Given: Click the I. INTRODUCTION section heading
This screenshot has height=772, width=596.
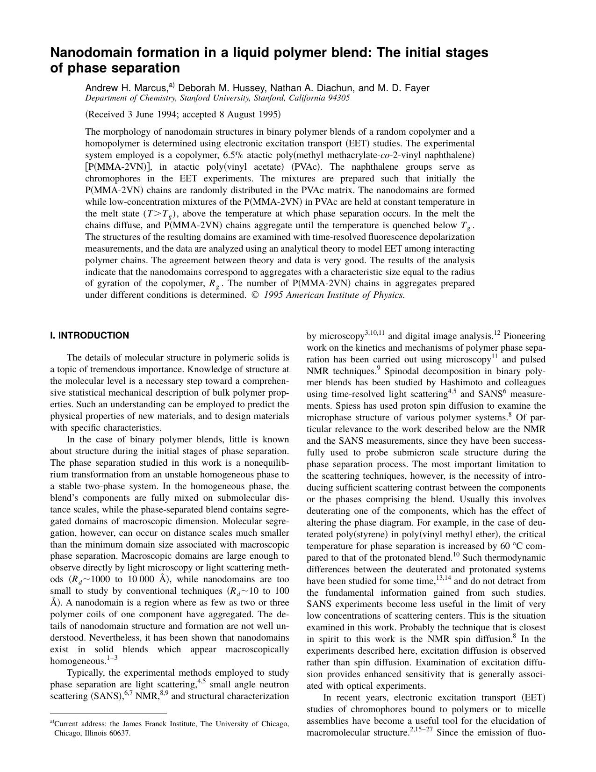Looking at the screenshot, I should coord(89,335).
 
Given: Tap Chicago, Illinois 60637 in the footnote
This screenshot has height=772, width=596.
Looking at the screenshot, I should coord(92,733).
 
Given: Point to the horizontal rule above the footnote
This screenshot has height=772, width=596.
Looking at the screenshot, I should coord(108,714).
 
